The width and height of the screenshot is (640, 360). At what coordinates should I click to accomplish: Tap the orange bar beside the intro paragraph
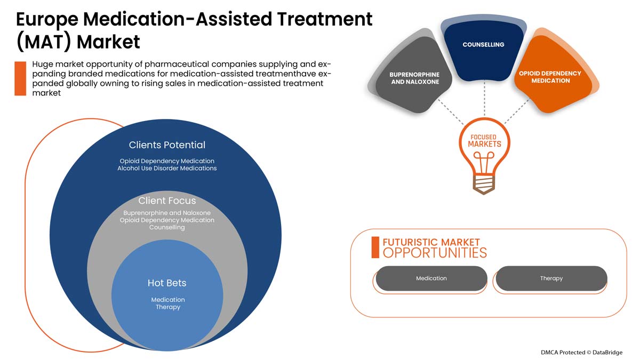[20, 78]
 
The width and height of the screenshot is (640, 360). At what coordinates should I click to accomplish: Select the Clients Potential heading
[167, 145]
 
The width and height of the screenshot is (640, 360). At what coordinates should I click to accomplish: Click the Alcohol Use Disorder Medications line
[167, 169]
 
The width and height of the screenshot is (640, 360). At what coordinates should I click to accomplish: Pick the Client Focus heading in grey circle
[167, 201]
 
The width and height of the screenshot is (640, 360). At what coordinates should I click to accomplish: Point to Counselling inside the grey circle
[167, 228]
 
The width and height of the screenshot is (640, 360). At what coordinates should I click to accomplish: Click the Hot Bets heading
[167, 283]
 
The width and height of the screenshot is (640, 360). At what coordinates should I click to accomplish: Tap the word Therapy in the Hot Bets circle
[168, 307]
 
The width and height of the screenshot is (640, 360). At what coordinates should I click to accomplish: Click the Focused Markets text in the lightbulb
[484, 141]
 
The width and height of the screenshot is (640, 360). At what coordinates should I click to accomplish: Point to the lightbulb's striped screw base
[484, 182]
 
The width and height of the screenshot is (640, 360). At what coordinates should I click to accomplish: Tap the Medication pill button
[431, 278]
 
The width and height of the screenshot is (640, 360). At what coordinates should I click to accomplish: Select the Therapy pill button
[551, 278]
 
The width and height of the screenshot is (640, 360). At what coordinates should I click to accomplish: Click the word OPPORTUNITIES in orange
[435, 253]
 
